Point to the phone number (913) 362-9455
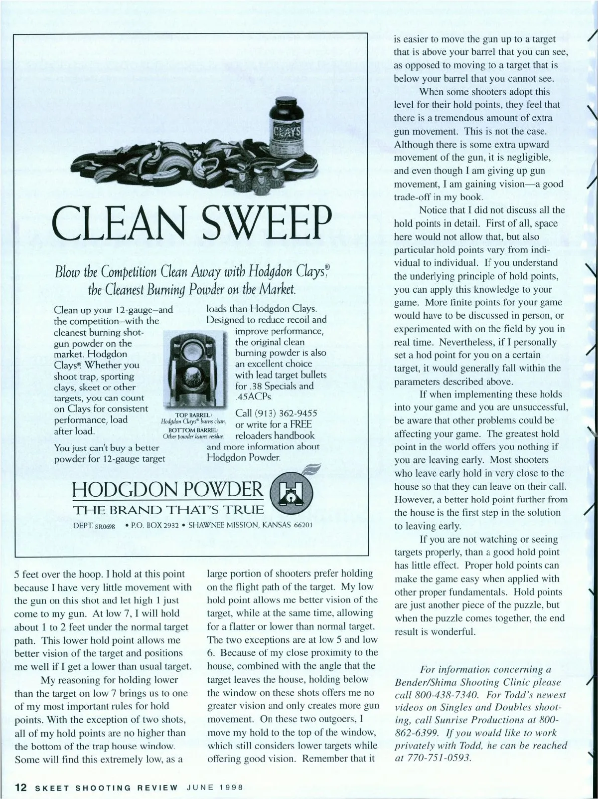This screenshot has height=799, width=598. click(277, 413)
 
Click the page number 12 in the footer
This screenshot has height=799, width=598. click(21, 788)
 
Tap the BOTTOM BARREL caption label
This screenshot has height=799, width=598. click(193, 430)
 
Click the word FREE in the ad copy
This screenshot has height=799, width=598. click(301, 424)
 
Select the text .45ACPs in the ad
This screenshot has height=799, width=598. click(253, 398)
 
